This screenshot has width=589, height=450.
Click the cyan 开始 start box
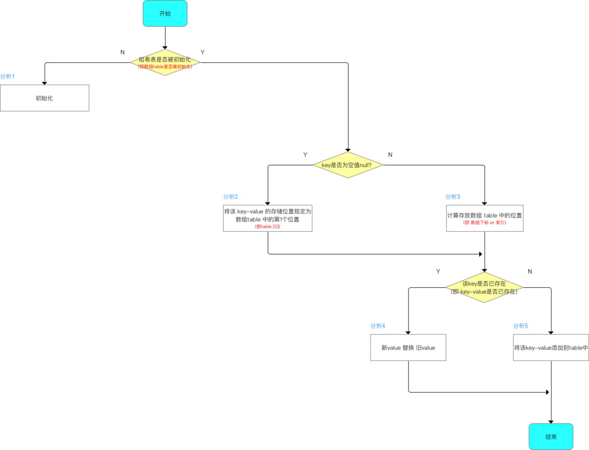tap(165, 13)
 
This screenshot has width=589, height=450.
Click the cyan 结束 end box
tap(551, 436)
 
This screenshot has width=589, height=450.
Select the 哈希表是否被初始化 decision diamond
tap(165, 63)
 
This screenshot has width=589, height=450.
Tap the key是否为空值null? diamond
tap(348, 165)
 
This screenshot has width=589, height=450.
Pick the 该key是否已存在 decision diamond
tap(484, 288)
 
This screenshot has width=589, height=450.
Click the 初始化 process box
tap(44, 98)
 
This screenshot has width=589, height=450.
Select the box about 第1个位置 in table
tap(267, 218)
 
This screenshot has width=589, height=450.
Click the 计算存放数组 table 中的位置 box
tap(484, 218)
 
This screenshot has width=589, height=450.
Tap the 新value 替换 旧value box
tap(408, 348)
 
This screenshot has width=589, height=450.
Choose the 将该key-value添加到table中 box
tap(551, 348)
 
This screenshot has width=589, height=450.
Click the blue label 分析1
tap(8, 76)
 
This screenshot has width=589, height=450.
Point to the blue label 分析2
tap(230, 196)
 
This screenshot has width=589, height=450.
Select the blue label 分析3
tap(453, 196)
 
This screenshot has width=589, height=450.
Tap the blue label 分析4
tap(378, 326)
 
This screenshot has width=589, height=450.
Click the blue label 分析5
tap(521, 326)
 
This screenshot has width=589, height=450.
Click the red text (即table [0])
tap(267, 227)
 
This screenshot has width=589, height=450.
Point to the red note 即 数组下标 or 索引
tap(484, 222)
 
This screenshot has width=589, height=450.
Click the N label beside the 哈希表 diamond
tap(123, 52)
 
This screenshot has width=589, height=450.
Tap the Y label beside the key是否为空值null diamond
tap(305, 155)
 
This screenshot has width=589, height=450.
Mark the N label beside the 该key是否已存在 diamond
tap(530, 271)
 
